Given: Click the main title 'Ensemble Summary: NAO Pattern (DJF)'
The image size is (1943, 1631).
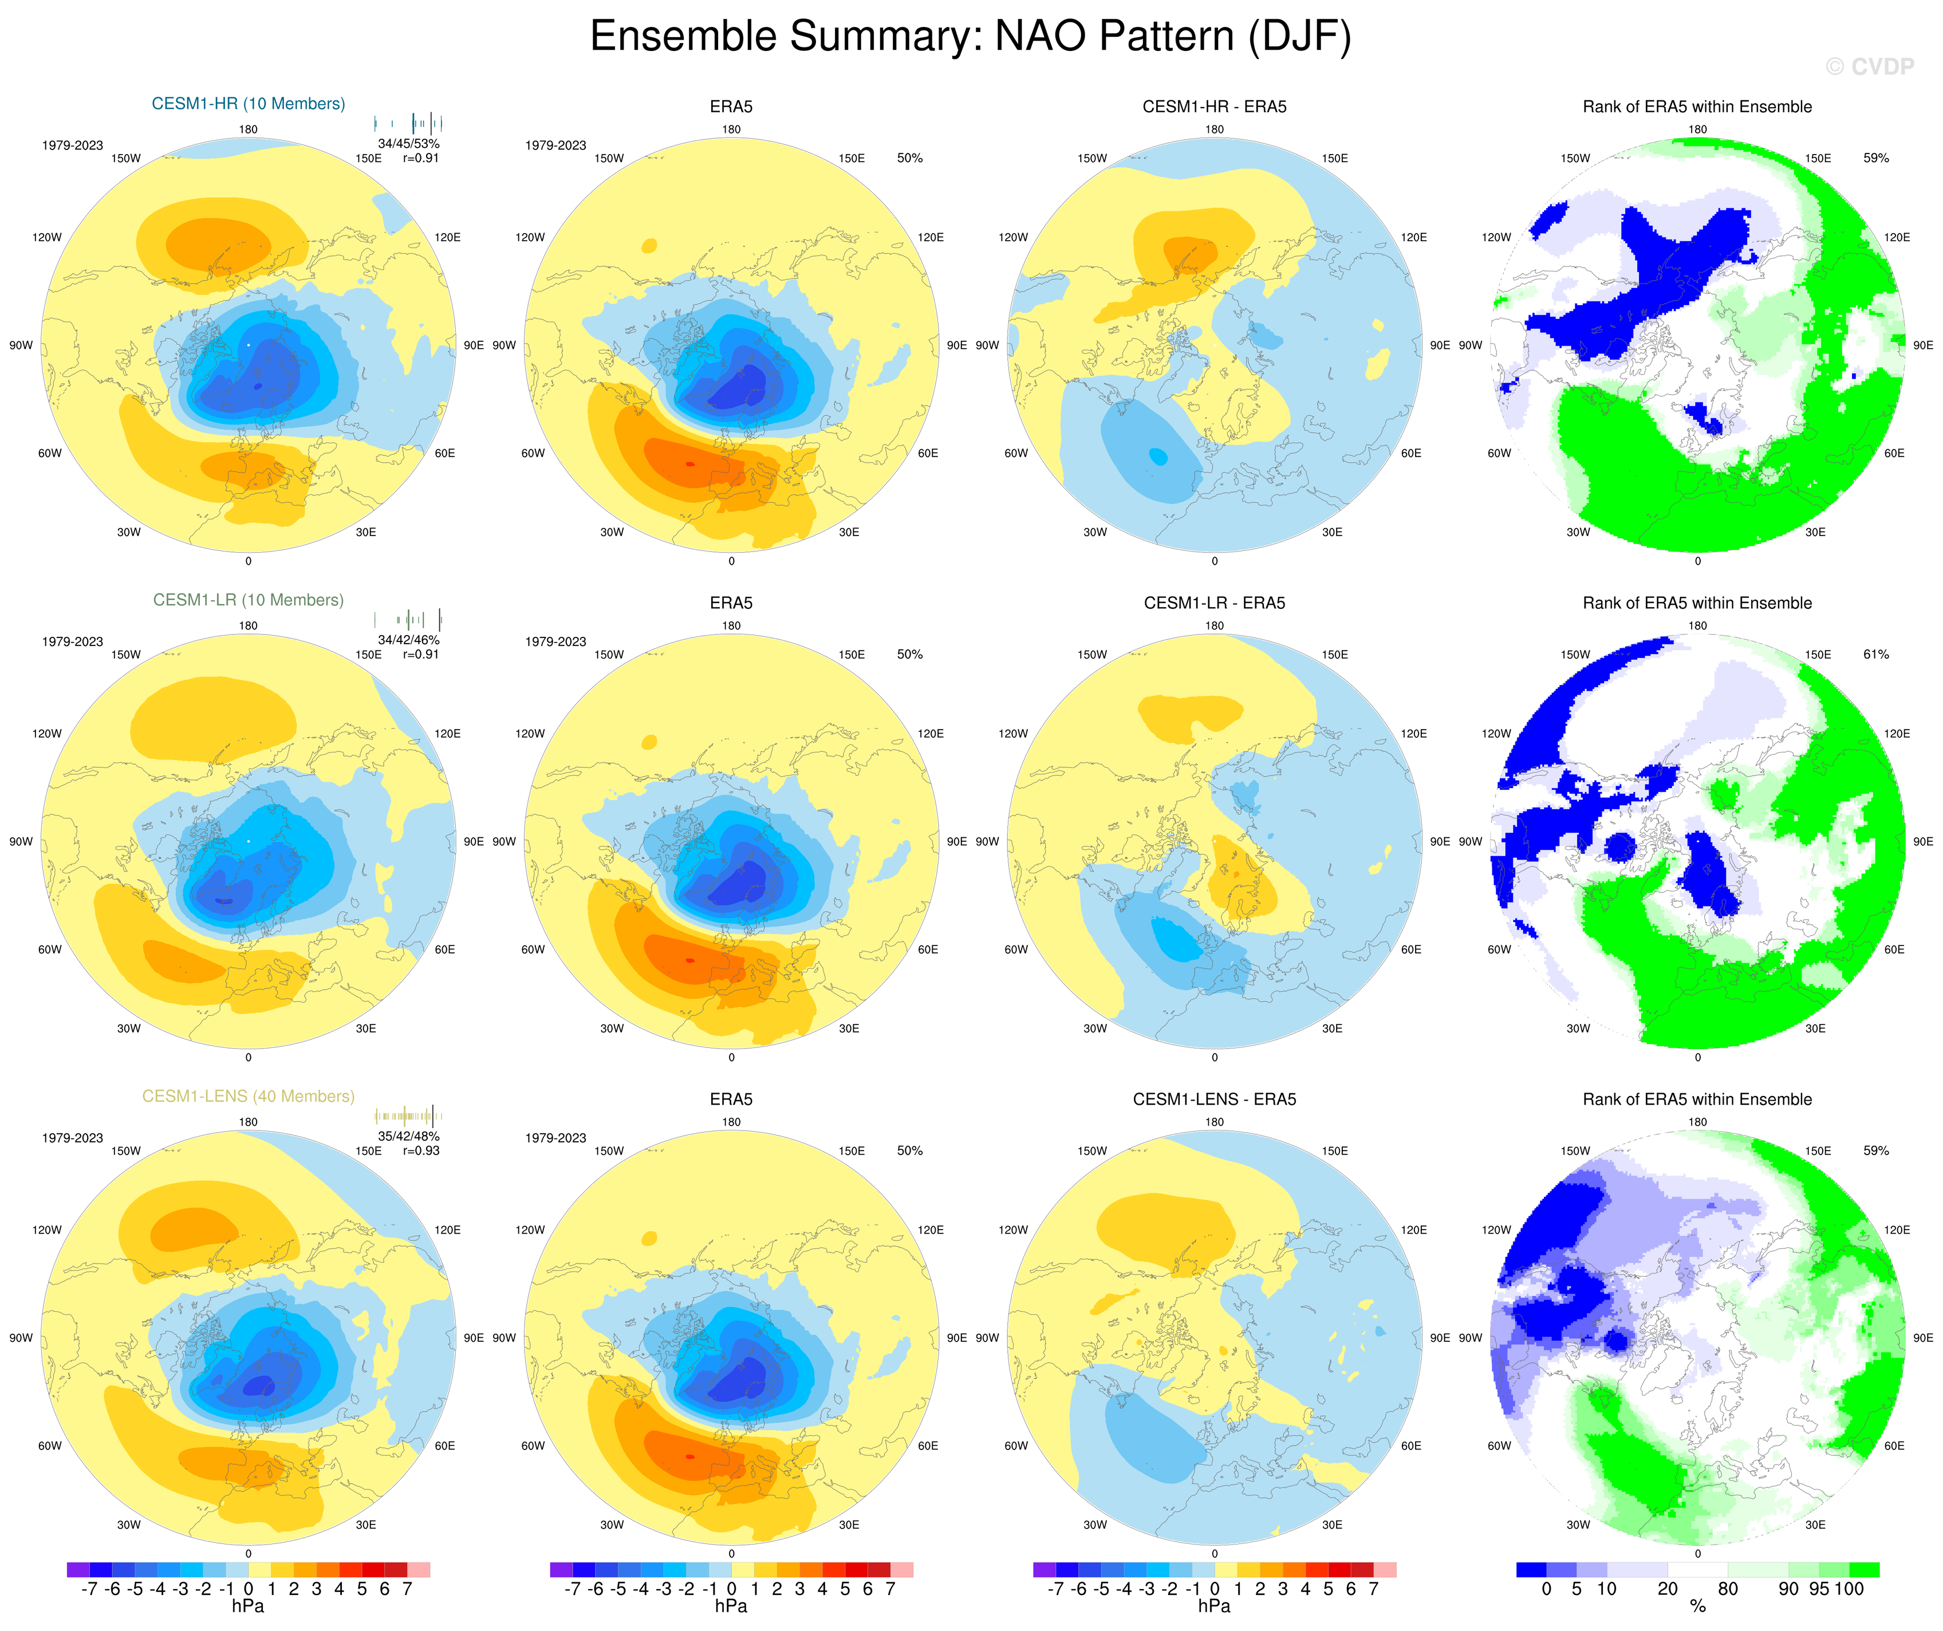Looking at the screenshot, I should point(971,37).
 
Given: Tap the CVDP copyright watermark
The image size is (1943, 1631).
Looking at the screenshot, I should point(1869,66).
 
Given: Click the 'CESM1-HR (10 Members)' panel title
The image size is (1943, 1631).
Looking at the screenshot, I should point(248,104).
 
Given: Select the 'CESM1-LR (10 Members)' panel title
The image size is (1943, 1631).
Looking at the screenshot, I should point(248,600).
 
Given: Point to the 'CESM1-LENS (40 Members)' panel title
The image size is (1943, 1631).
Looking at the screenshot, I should point(248,1096).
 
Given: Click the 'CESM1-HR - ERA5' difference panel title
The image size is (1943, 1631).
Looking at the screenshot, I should point(1214,107).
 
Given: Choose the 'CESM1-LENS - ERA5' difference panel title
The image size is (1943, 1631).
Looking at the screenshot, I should point(1214,1099).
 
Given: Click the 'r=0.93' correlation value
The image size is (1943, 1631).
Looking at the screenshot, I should point(421,1151).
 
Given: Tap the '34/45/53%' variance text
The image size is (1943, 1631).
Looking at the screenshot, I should point(408,143).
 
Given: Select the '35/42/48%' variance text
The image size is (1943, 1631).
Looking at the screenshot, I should point(408,1136).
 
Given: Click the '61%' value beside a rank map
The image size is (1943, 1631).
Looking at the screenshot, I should point(1875,654).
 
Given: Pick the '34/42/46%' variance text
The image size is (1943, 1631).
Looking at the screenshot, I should point(408,639).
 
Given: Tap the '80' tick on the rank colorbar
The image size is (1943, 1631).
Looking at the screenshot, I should point(1728,1589).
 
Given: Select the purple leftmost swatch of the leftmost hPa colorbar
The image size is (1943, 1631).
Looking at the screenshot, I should point(78,1570).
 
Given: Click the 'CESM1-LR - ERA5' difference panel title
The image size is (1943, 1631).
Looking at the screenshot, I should point(1214,603).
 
